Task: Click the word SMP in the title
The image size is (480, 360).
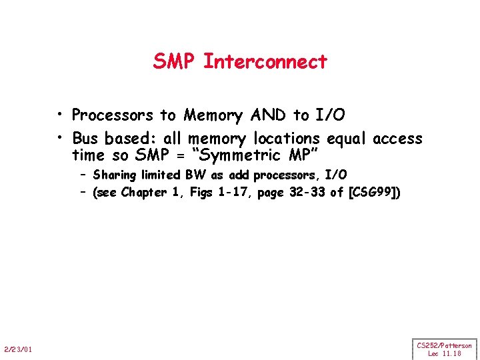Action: [x=175, y=61]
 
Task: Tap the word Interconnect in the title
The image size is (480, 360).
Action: [x=265, y=61]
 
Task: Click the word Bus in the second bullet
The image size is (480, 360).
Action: [x=85, y=139]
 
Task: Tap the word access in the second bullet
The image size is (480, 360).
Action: [x=397, y=139]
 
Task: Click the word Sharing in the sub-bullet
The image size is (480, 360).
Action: [x=114, y=175]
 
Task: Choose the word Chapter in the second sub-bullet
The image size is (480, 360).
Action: [x=143, y=193]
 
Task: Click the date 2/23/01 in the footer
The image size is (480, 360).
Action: [x=21, y=349]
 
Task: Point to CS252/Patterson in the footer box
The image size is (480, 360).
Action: [x=444, y=345]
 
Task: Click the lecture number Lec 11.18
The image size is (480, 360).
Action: [x=444, y=353]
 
